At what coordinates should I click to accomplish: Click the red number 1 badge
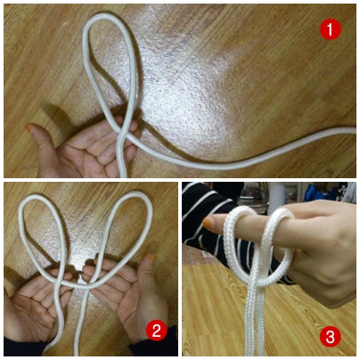pyautogui.click(x=330, y=29)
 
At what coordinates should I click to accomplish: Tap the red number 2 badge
pyautogui.click(x=157, y=331)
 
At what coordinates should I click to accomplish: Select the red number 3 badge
pyautogui.click(x=331, y=336)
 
